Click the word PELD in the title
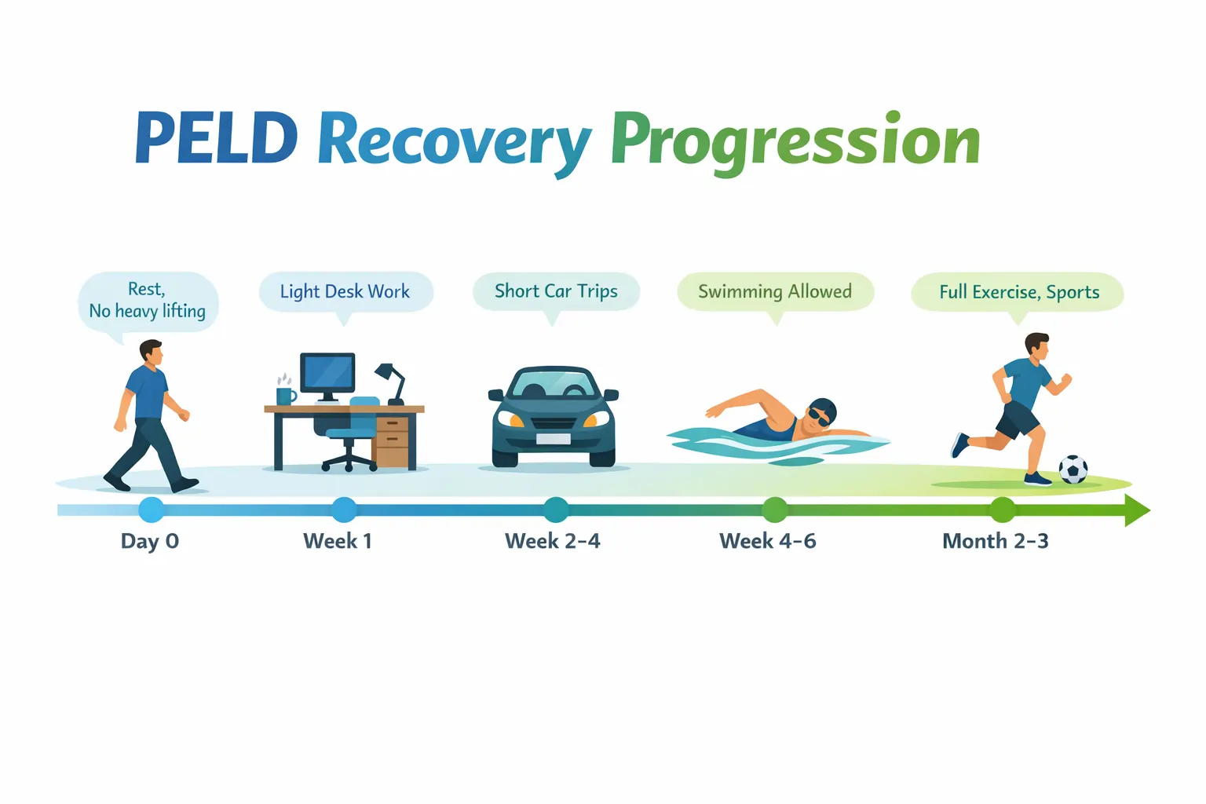[216, 139]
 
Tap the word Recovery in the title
[454, 141]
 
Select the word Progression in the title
[795, 141]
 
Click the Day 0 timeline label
[150, 541]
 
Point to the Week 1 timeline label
[338, 541]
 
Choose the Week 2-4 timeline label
[553, 541]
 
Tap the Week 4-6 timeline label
[768, 541]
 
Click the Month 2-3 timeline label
[995, 541]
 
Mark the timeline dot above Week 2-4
[556, 510]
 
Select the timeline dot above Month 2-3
[1002, 510]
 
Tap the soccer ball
[1073, 470]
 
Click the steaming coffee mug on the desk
[286, 395]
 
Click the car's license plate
[554, 438]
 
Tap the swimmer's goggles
[819, 417]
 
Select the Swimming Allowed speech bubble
[775, 292]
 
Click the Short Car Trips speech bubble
[556, 291]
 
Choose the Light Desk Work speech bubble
[345, 292]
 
